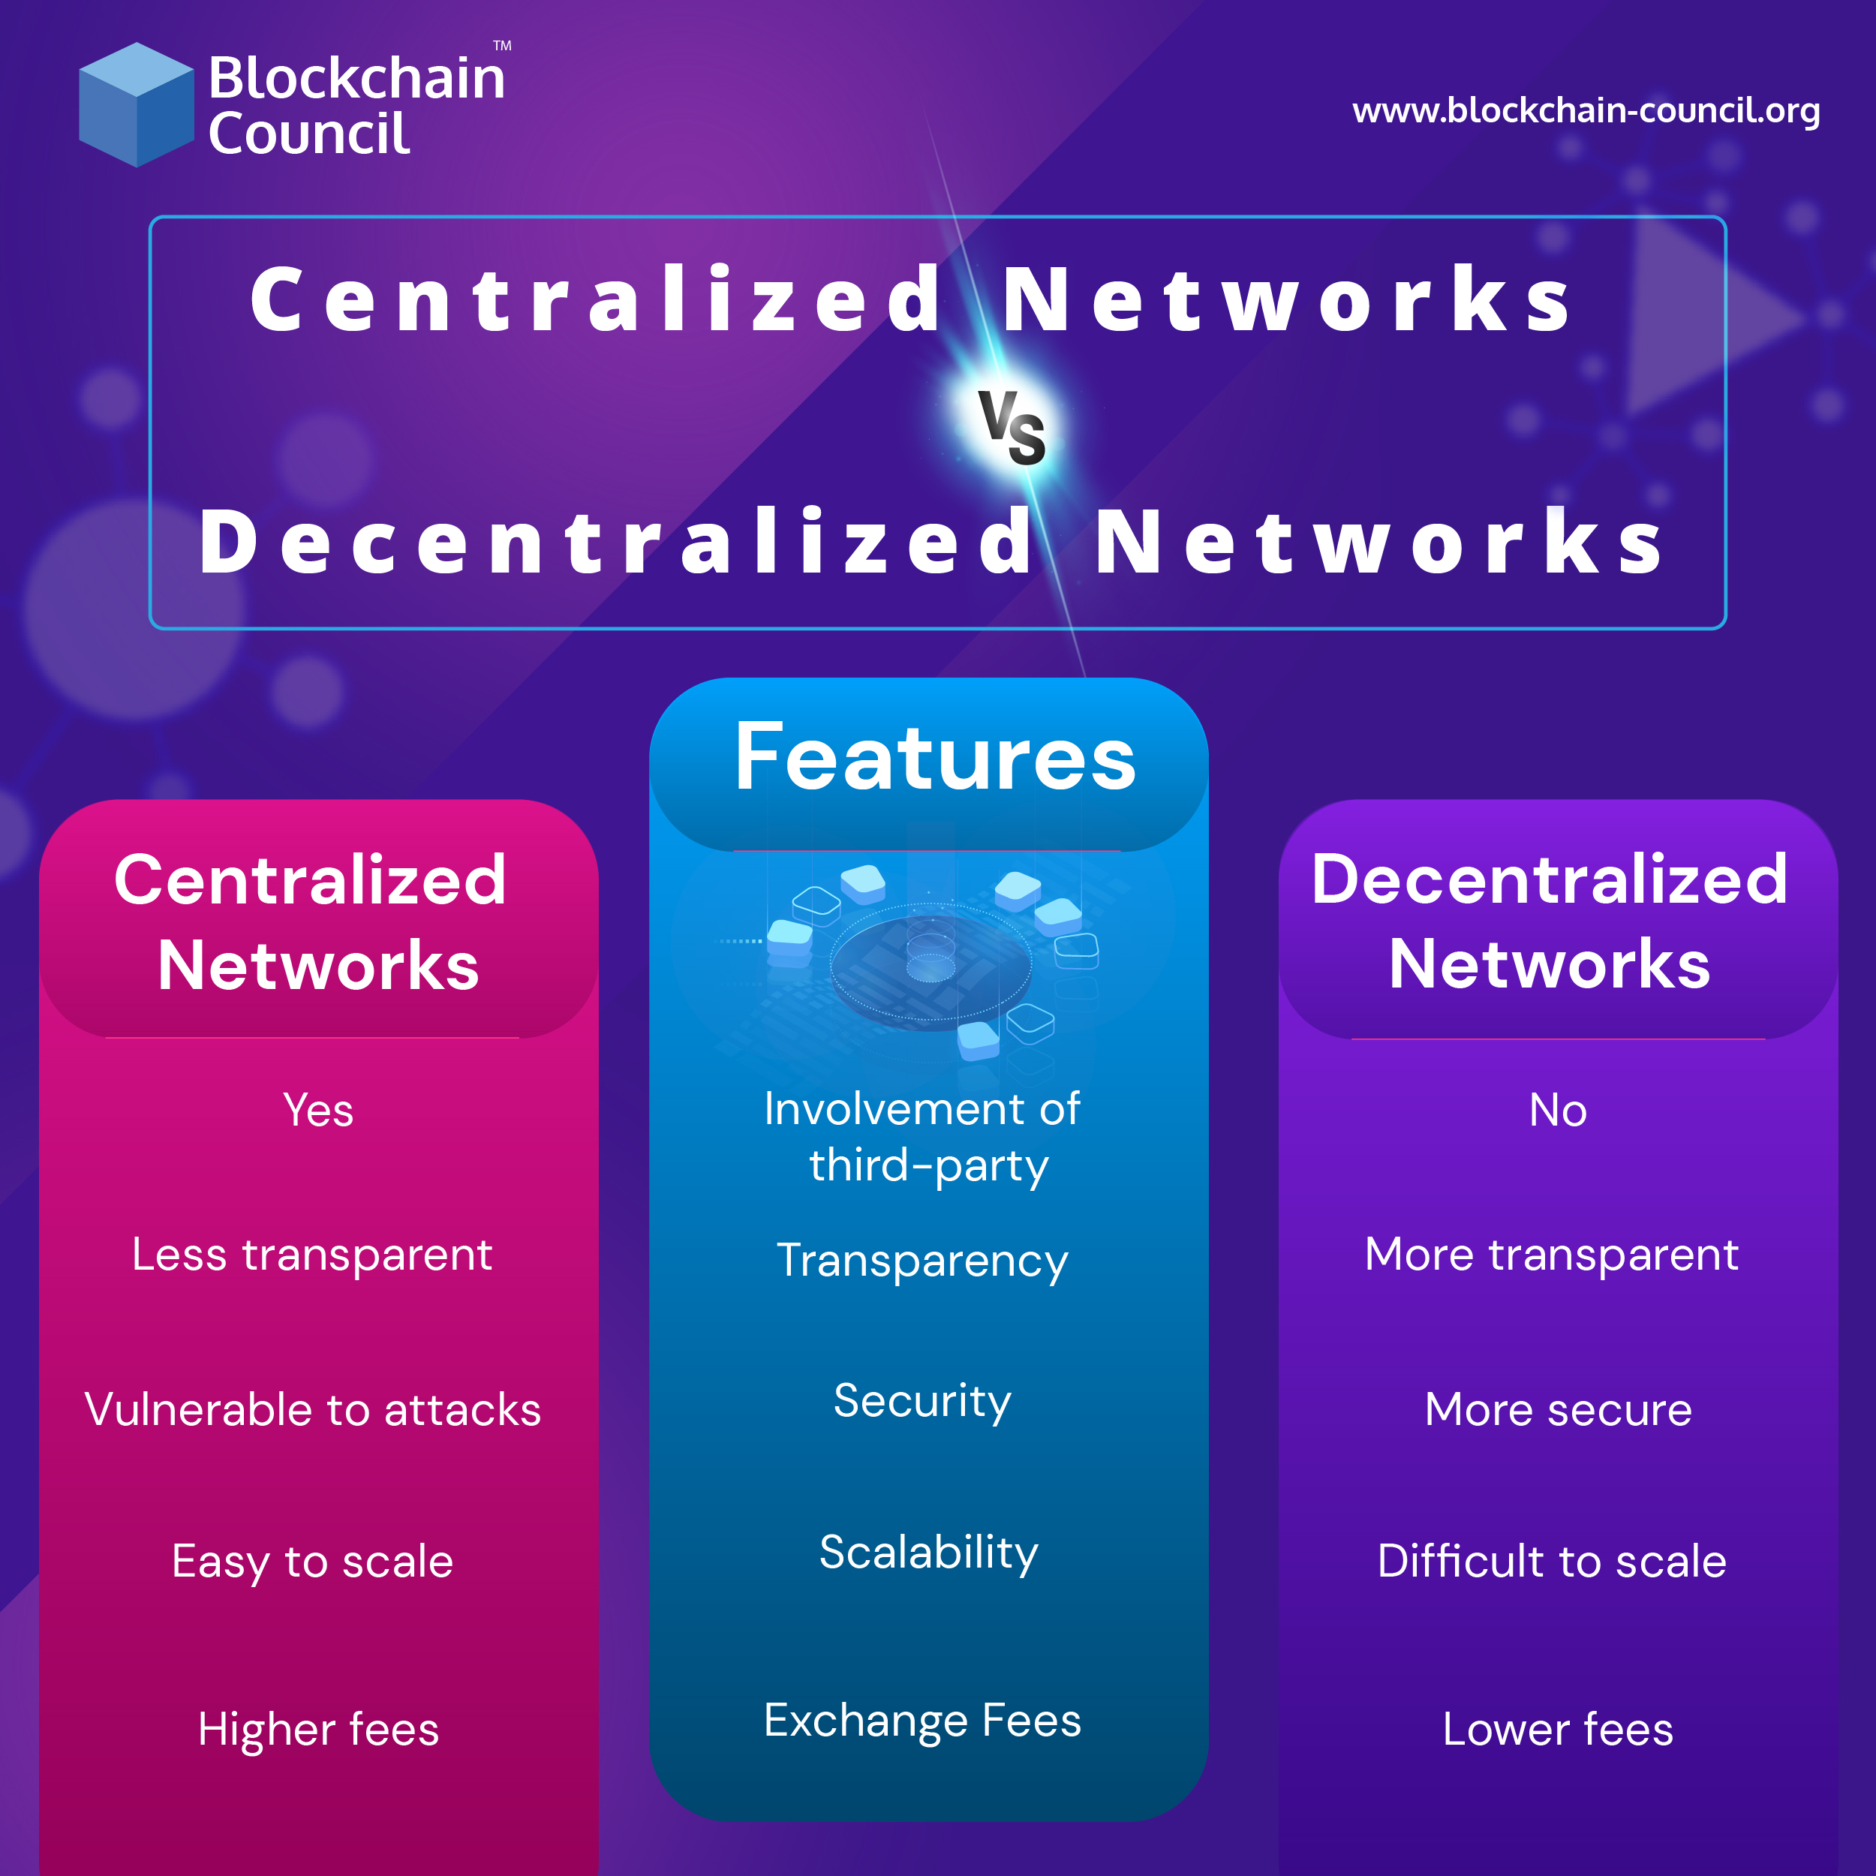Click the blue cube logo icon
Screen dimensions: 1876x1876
point(136,105)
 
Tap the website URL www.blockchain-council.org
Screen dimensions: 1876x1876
point(1586,111)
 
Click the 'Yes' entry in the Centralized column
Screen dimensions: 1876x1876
point(317,1110)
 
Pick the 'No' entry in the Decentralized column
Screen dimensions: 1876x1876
point(1558,1110)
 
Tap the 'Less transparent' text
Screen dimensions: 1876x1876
point(311,1255)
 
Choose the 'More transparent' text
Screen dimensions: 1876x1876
point(1551,1255)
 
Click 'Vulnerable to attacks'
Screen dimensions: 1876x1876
point(313,1410)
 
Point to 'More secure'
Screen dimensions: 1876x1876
point(1558,1410)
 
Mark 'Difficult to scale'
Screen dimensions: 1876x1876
point(1552,1562)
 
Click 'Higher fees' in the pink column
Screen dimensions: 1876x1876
point(318,1730)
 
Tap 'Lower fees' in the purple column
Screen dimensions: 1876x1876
point(1558,1730)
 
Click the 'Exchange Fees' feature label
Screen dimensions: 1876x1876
point(922,1721)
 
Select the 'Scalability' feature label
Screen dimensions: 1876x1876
point(928,1553)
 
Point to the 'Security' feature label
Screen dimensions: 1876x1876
point(922,1401)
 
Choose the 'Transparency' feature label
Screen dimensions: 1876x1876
point(922,1261)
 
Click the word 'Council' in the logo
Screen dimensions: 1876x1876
point(308,134)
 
